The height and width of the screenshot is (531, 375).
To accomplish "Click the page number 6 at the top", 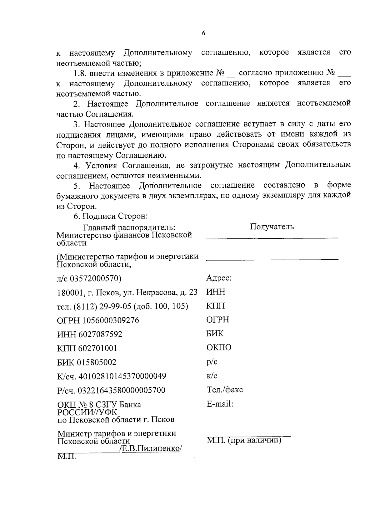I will pyautogui.click(x=203, y=33).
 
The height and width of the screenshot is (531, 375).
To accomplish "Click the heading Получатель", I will pyautogui.click(x=272, y=227).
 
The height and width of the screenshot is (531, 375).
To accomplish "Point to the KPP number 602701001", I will pyautogui.click(x=97, y=348).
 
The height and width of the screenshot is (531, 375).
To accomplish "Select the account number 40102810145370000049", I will pyautogui.click(x=122, y=376).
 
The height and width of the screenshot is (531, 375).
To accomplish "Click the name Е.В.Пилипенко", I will pyautogui.click(x=150, y=448).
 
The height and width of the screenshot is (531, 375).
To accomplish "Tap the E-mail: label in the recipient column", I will pyautogui.click(x=220, y=404).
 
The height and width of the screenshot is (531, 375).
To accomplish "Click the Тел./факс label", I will pyautogui.click(x=225, y=390).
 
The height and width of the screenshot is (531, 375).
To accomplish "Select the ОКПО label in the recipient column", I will pyautogui.click(x=219, y=348).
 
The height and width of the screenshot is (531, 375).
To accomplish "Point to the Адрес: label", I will pyautogui.click(x=219, y=278).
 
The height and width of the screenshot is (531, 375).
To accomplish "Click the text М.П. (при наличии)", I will pyautogui.click(x=244, y=441).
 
